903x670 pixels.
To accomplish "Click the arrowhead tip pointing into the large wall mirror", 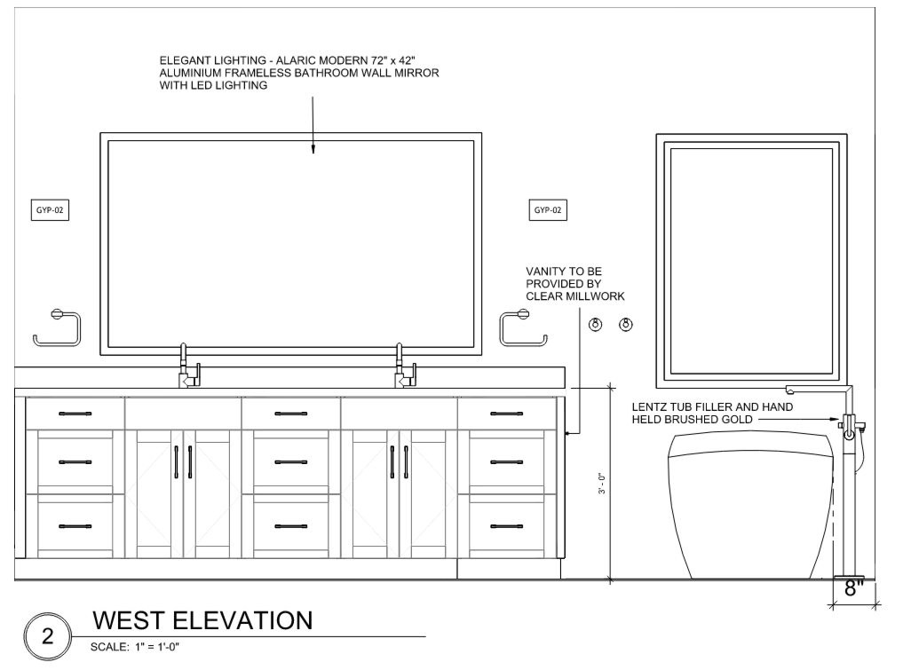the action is coord(313,154).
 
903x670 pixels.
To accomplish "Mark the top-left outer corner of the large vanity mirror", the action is coord(100,133).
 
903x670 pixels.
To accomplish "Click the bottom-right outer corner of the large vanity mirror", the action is coord(481,355).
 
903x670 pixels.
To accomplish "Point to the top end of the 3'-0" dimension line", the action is coord(611,388).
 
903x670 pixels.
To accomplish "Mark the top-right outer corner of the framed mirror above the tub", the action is coord(846,135).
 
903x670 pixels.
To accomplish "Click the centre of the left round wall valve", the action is coord(596,325).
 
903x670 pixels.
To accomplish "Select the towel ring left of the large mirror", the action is coord(57,327).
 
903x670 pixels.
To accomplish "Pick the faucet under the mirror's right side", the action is coord(404,366).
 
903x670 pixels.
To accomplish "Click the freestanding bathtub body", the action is coord(750,505).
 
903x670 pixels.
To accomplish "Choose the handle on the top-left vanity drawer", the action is coord(75,414).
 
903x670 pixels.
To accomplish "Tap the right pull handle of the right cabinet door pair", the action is coord(407,462).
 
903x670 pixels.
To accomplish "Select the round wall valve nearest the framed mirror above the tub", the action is coord(626,325).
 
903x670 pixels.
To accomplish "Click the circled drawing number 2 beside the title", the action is coord(48,636).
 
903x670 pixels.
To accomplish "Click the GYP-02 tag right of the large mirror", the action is coord(548,210).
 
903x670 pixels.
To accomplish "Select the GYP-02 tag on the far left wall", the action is coord(50,210).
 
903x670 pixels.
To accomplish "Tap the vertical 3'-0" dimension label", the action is coord(602,484).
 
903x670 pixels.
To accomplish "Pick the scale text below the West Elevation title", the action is coord(135,647).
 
